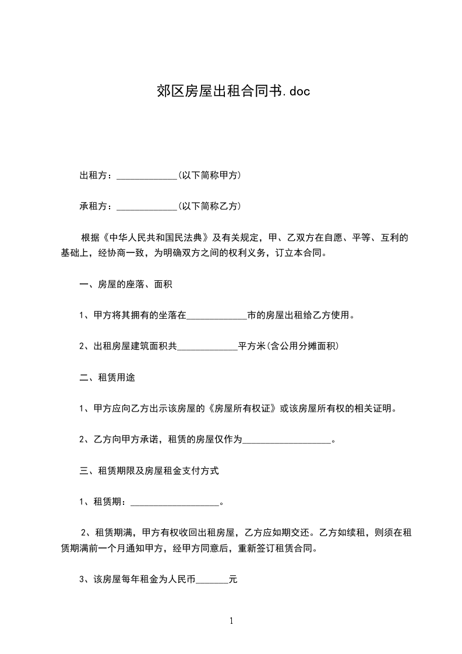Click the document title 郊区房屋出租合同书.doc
point(231,91)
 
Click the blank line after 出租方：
point(147,176)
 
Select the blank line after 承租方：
point(147,207)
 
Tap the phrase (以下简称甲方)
point(210,175)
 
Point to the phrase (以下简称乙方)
point(210,206)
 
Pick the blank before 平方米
point(207,347)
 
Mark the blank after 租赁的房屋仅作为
point(286,440)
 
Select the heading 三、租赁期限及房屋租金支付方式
point(149,470)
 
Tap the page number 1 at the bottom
point(231,621)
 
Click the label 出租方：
point(98,175)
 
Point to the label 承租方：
point(98,206)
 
